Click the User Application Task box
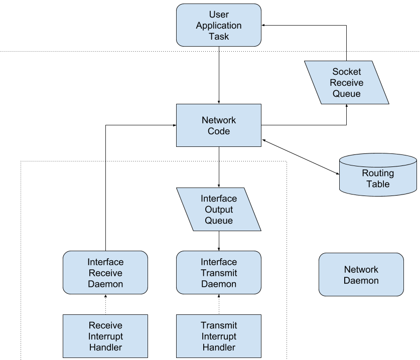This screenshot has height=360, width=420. click(x=219, y=25)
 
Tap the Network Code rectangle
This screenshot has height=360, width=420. click(x=219, y=125)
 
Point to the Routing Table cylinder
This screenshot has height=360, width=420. click(x=378, y=175)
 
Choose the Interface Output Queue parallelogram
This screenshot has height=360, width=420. click(x=219, y=210)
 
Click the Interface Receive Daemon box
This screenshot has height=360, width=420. click(x=105, y=273)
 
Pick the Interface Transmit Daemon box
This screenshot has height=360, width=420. click(x=219, y=273)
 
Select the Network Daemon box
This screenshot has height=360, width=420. click(x=361, y=275)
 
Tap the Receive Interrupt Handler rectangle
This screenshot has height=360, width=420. click(x=105, y=336)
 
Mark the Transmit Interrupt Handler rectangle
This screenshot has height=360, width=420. click(x=219, y=336)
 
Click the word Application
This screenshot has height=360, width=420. click(x=219, y=26)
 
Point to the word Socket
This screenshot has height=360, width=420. click(x=346, y=72)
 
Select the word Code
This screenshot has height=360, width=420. click(x=219, y=131)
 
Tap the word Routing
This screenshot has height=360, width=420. click(x=378, y=173)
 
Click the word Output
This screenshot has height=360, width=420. click(x=219, y=210)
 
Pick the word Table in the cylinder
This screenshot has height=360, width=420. click(x=378, y=184)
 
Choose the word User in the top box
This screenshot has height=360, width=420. click(x=219, y=15)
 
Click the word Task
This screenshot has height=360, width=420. click(x=219, y=37)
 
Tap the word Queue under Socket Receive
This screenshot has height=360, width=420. click(x=346, y=94)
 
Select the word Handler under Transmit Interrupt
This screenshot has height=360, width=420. click(x=219, y=347)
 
